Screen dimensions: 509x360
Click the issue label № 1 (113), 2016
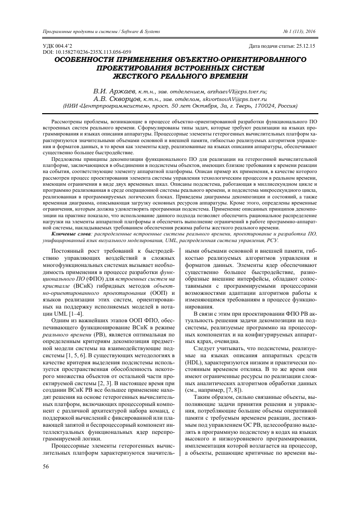(x=299, y=32)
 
